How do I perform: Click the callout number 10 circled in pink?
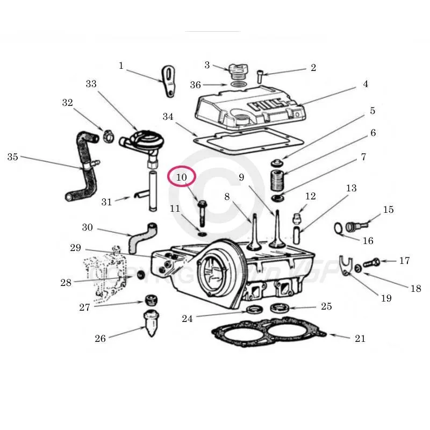coord(182,177)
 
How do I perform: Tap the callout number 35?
coord(13,157)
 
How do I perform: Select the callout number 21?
coord(360,338)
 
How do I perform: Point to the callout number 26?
coord(100,338)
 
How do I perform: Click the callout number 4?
coord(365,84)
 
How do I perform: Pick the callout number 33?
coord(91,84)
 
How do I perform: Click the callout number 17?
coord(404,261)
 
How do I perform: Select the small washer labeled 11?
coord(201,234)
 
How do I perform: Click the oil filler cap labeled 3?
coord(236,70)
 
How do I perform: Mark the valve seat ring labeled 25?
coord(279,309)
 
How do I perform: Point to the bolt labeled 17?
coord(371,263)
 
